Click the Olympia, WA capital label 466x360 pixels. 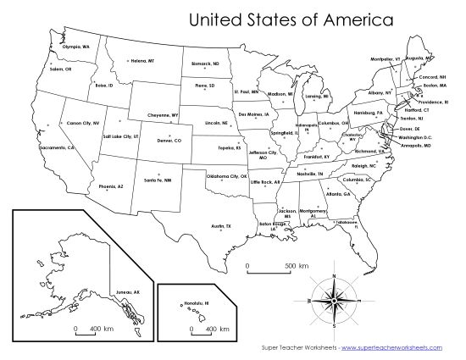[x=76, y=47]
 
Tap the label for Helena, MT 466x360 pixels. [x=142, y=61]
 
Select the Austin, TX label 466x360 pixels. [x=221, y=226]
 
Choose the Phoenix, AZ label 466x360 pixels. [x=111, y=186]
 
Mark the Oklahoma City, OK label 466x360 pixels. [x=229, y=177]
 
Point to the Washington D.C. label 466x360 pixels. [x=415, y=136]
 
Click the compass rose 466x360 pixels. [x=334, y=301]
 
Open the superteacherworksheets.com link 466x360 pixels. [x=397, y=348]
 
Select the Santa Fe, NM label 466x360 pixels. [x=157, y=180]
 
